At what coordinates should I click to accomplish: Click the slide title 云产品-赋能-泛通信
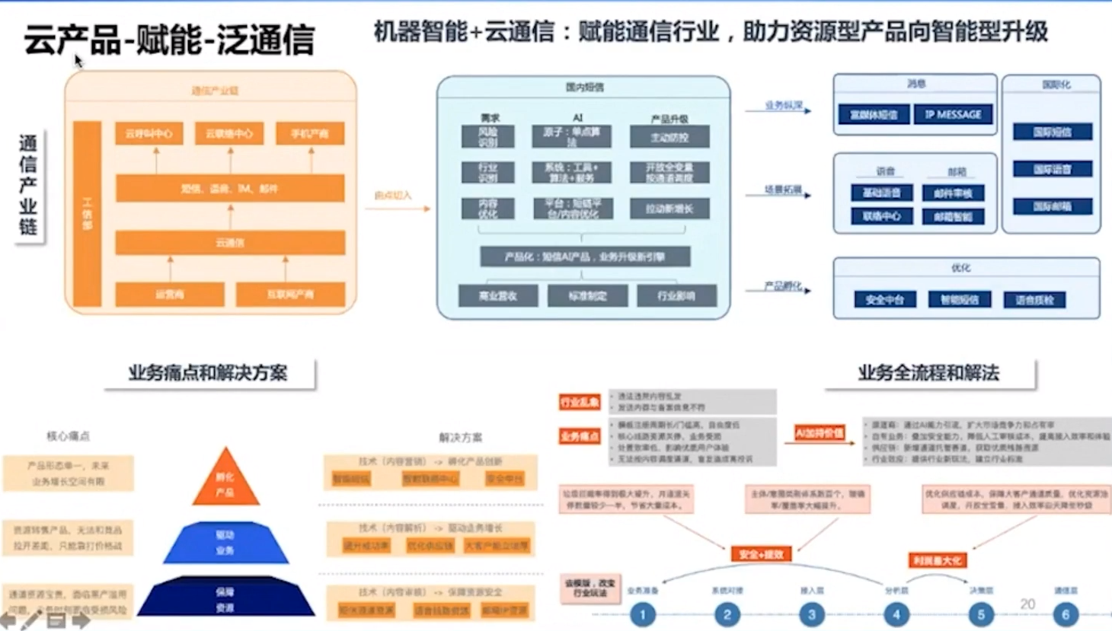click(x=168, y=40)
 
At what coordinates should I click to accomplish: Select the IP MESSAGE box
click(x=953, y=115)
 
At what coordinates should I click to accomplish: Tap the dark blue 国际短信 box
click(x=1052, y=132)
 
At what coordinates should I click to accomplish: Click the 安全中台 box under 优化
click(x=884, y=300)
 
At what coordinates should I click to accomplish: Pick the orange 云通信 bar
click(x=230, y=243)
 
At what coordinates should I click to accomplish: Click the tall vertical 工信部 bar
click(x=87, y=213)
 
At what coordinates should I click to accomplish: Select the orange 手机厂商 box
click(x=309, y=134)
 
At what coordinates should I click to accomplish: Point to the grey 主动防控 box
click(x=669, y=138)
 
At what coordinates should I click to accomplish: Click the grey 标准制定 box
click(x=587, y=296)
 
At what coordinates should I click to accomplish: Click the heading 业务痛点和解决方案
click(x=208, y=373)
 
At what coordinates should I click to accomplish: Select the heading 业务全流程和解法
click(x=928, y=373)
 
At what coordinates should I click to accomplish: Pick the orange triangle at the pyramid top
click(x=225, y=481)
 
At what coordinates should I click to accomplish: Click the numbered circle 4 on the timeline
click(x=896, y=614)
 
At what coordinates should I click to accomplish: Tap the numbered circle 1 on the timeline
click(x=643, y=614)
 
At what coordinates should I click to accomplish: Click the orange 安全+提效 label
click(x=761, y=554)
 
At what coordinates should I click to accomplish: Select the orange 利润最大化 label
click(x=937, y=560)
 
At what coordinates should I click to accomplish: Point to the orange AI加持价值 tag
click(x=820, y=433)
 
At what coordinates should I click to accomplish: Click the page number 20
click(x=1027, y=604)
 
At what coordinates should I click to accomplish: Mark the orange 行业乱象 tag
click(x=580, y=402)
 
